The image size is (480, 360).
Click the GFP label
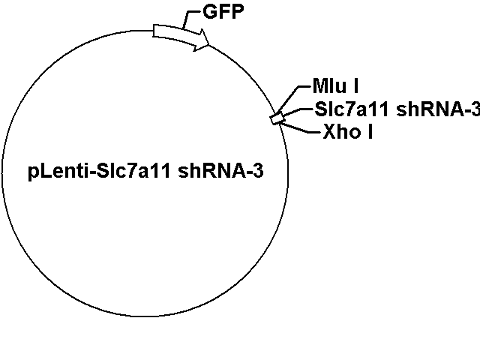coord(223,12)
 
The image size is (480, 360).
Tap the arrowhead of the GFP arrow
coord(202,40)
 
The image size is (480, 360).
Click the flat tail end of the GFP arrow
coord(154,31)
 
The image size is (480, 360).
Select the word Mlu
coord(329,85)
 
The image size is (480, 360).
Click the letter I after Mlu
coord(355,85)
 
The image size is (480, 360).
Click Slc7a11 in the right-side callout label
coord(352,109)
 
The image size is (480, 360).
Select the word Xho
coord(342,132)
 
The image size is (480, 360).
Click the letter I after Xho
coord(370,132)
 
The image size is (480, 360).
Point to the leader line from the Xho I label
coord(299,128)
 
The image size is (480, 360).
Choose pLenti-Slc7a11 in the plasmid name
coord(99,172)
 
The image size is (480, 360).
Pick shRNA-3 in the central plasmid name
coord(220,171)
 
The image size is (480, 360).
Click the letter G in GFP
coord(210,12)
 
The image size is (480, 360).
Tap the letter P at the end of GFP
coord(238,12)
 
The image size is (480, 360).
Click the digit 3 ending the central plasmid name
coord(259,171)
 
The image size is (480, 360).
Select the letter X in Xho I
coord(329,132)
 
